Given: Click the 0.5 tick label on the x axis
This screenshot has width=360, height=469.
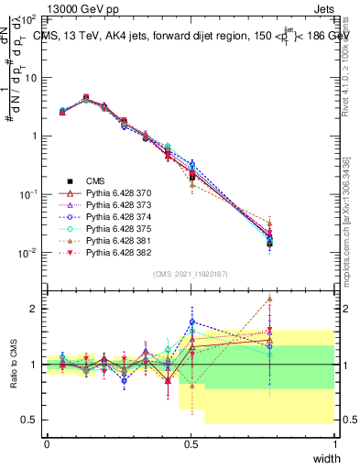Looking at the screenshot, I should (191, 445).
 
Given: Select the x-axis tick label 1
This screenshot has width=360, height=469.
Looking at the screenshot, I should (334, 445).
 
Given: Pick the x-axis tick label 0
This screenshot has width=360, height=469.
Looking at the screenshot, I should (47, 445).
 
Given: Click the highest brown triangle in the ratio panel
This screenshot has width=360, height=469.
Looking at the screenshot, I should (269, 298).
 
